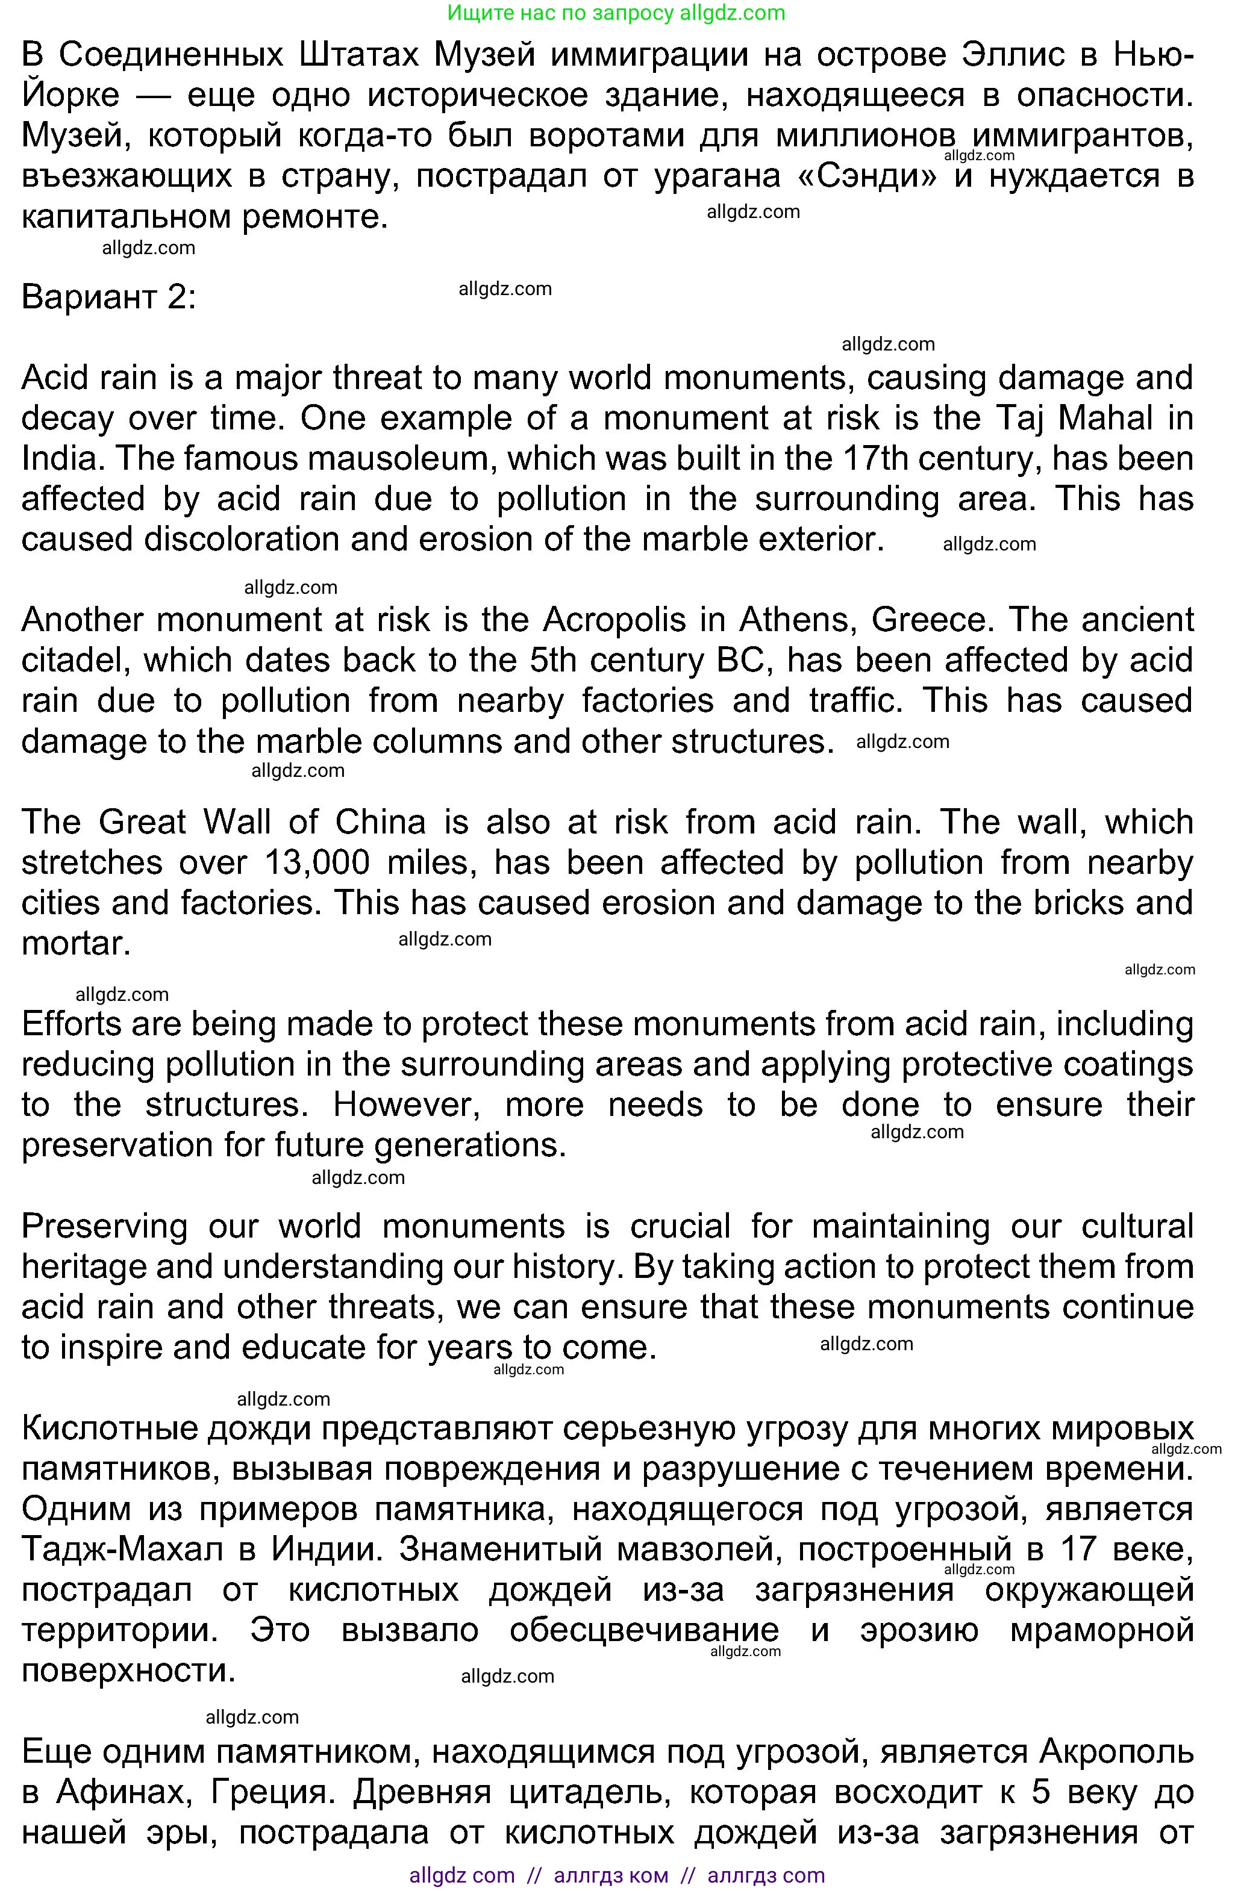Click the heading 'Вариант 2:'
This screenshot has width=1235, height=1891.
108,296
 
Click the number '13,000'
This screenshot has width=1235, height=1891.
316,862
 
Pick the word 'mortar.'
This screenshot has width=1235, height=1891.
75,943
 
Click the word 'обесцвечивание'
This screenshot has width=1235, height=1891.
644,1630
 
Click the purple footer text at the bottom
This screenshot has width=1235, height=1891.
617,1876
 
